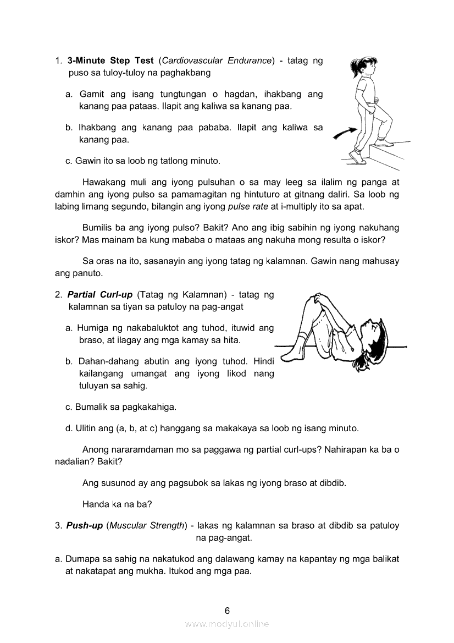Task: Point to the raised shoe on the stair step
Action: (385, 142)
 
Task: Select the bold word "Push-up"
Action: (85, 526)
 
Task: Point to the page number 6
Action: (227, 610)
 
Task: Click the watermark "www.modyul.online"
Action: (227, 624)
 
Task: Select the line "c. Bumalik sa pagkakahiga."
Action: (121, 408)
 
